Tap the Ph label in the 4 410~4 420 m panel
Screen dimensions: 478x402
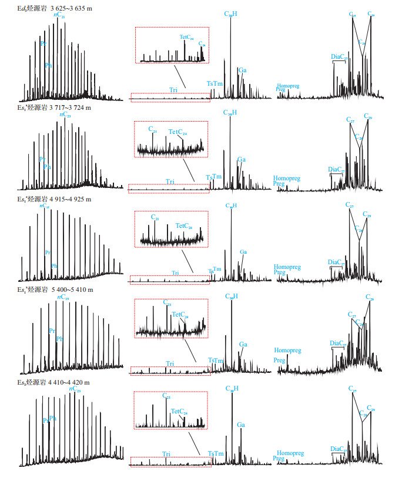(53, 418)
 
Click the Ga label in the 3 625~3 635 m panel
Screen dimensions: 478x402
(242, 70)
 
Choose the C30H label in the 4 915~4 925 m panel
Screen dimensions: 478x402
(231, 206)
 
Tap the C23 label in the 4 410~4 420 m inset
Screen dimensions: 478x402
(166, 396)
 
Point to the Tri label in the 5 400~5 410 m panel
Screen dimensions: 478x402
(170, 364)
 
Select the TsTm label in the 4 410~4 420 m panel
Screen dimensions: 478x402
(216, 453)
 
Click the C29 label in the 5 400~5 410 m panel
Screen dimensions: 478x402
(369, 298)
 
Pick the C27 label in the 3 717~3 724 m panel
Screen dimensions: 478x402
(350, 120)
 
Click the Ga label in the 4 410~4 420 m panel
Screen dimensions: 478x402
(240, 424)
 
